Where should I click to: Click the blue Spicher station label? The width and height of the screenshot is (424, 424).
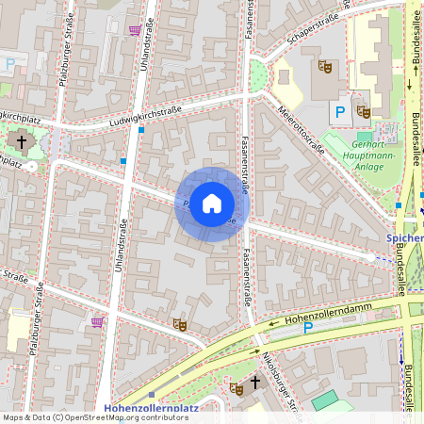click(404, 239)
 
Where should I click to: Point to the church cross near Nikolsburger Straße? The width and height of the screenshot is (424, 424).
click(254, 383)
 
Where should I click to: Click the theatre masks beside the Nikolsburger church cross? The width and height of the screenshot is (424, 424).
click(236, 388)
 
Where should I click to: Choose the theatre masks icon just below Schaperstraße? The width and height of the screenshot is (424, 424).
click(323, 66)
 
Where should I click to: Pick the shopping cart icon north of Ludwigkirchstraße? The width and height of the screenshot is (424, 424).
click(135, 29)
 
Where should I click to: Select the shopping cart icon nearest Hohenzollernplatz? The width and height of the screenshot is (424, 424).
click(97, 321)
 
